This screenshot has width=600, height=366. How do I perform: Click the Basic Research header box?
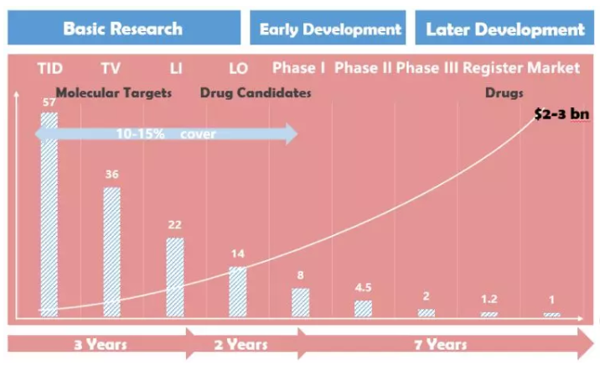coord(122,29)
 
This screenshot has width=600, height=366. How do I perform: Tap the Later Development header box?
coord(504,29)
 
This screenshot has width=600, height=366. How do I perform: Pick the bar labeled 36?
coord(111,252)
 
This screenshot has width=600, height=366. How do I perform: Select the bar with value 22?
coord(174,277)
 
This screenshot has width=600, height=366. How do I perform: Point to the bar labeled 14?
coord(238,291)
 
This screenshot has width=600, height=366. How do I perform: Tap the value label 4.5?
coord(363,286)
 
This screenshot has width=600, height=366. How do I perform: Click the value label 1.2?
coord(489,298)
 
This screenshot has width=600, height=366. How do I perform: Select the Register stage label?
coord(491,67)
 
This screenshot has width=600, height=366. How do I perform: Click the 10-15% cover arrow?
coord(168,133)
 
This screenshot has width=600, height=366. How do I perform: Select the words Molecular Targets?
coord(113,92)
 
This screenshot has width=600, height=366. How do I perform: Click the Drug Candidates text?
coord(256,92)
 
